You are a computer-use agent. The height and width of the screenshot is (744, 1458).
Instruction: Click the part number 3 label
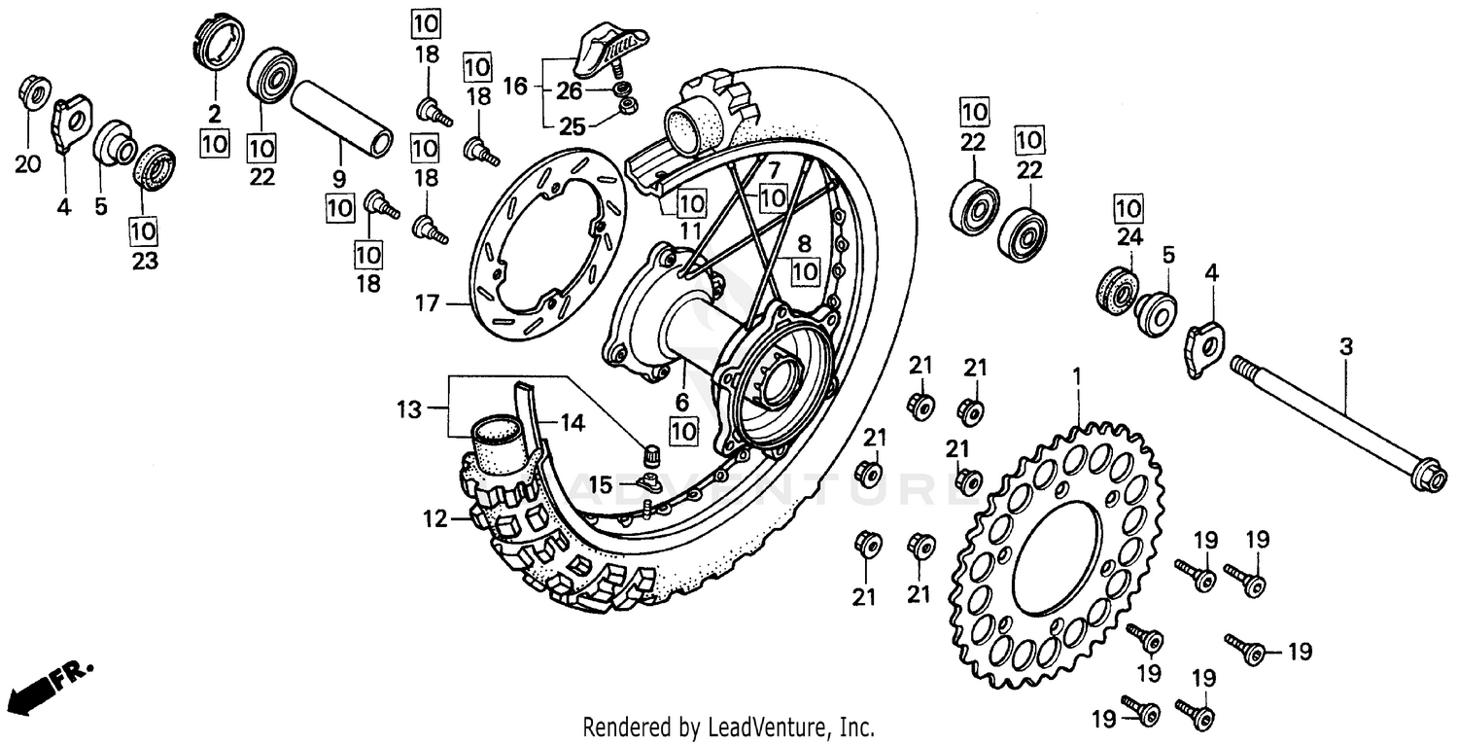(1345, 346)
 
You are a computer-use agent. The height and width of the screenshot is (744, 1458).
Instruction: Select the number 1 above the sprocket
(1076, 373)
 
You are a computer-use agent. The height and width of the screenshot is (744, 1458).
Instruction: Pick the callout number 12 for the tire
(434, 520)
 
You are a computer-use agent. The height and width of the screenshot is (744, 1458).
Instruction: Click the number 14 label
(573, 421)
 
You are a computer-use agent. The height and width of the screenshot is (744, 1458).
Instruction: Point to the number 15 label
(602, 483)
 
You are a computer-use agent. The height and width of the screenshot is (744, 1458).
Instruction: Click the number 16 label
(515, 88)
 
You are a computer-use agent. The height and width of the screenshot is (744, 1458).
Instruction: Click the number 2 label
(215, 112)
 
